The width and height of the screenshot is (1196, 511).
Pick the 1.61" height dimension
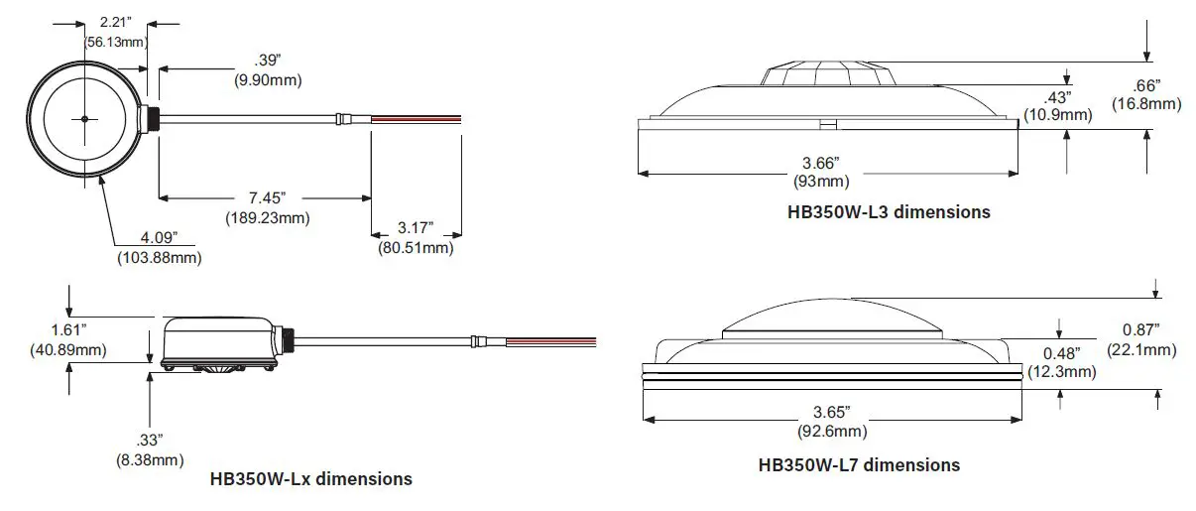pos(68,331)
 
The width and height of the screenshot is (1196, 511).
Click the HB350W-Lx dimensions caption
pos(311,479)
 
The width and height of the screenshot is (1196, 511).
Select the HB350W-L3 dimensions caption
pos(885,211)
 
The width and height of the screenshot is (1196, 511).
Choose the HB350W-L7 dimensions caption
pos(859,464)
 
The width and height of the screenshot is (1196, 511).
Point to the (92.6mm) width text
pos(832,431)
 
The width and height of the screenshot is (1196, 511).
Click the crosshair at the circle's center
pos(85,119)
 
